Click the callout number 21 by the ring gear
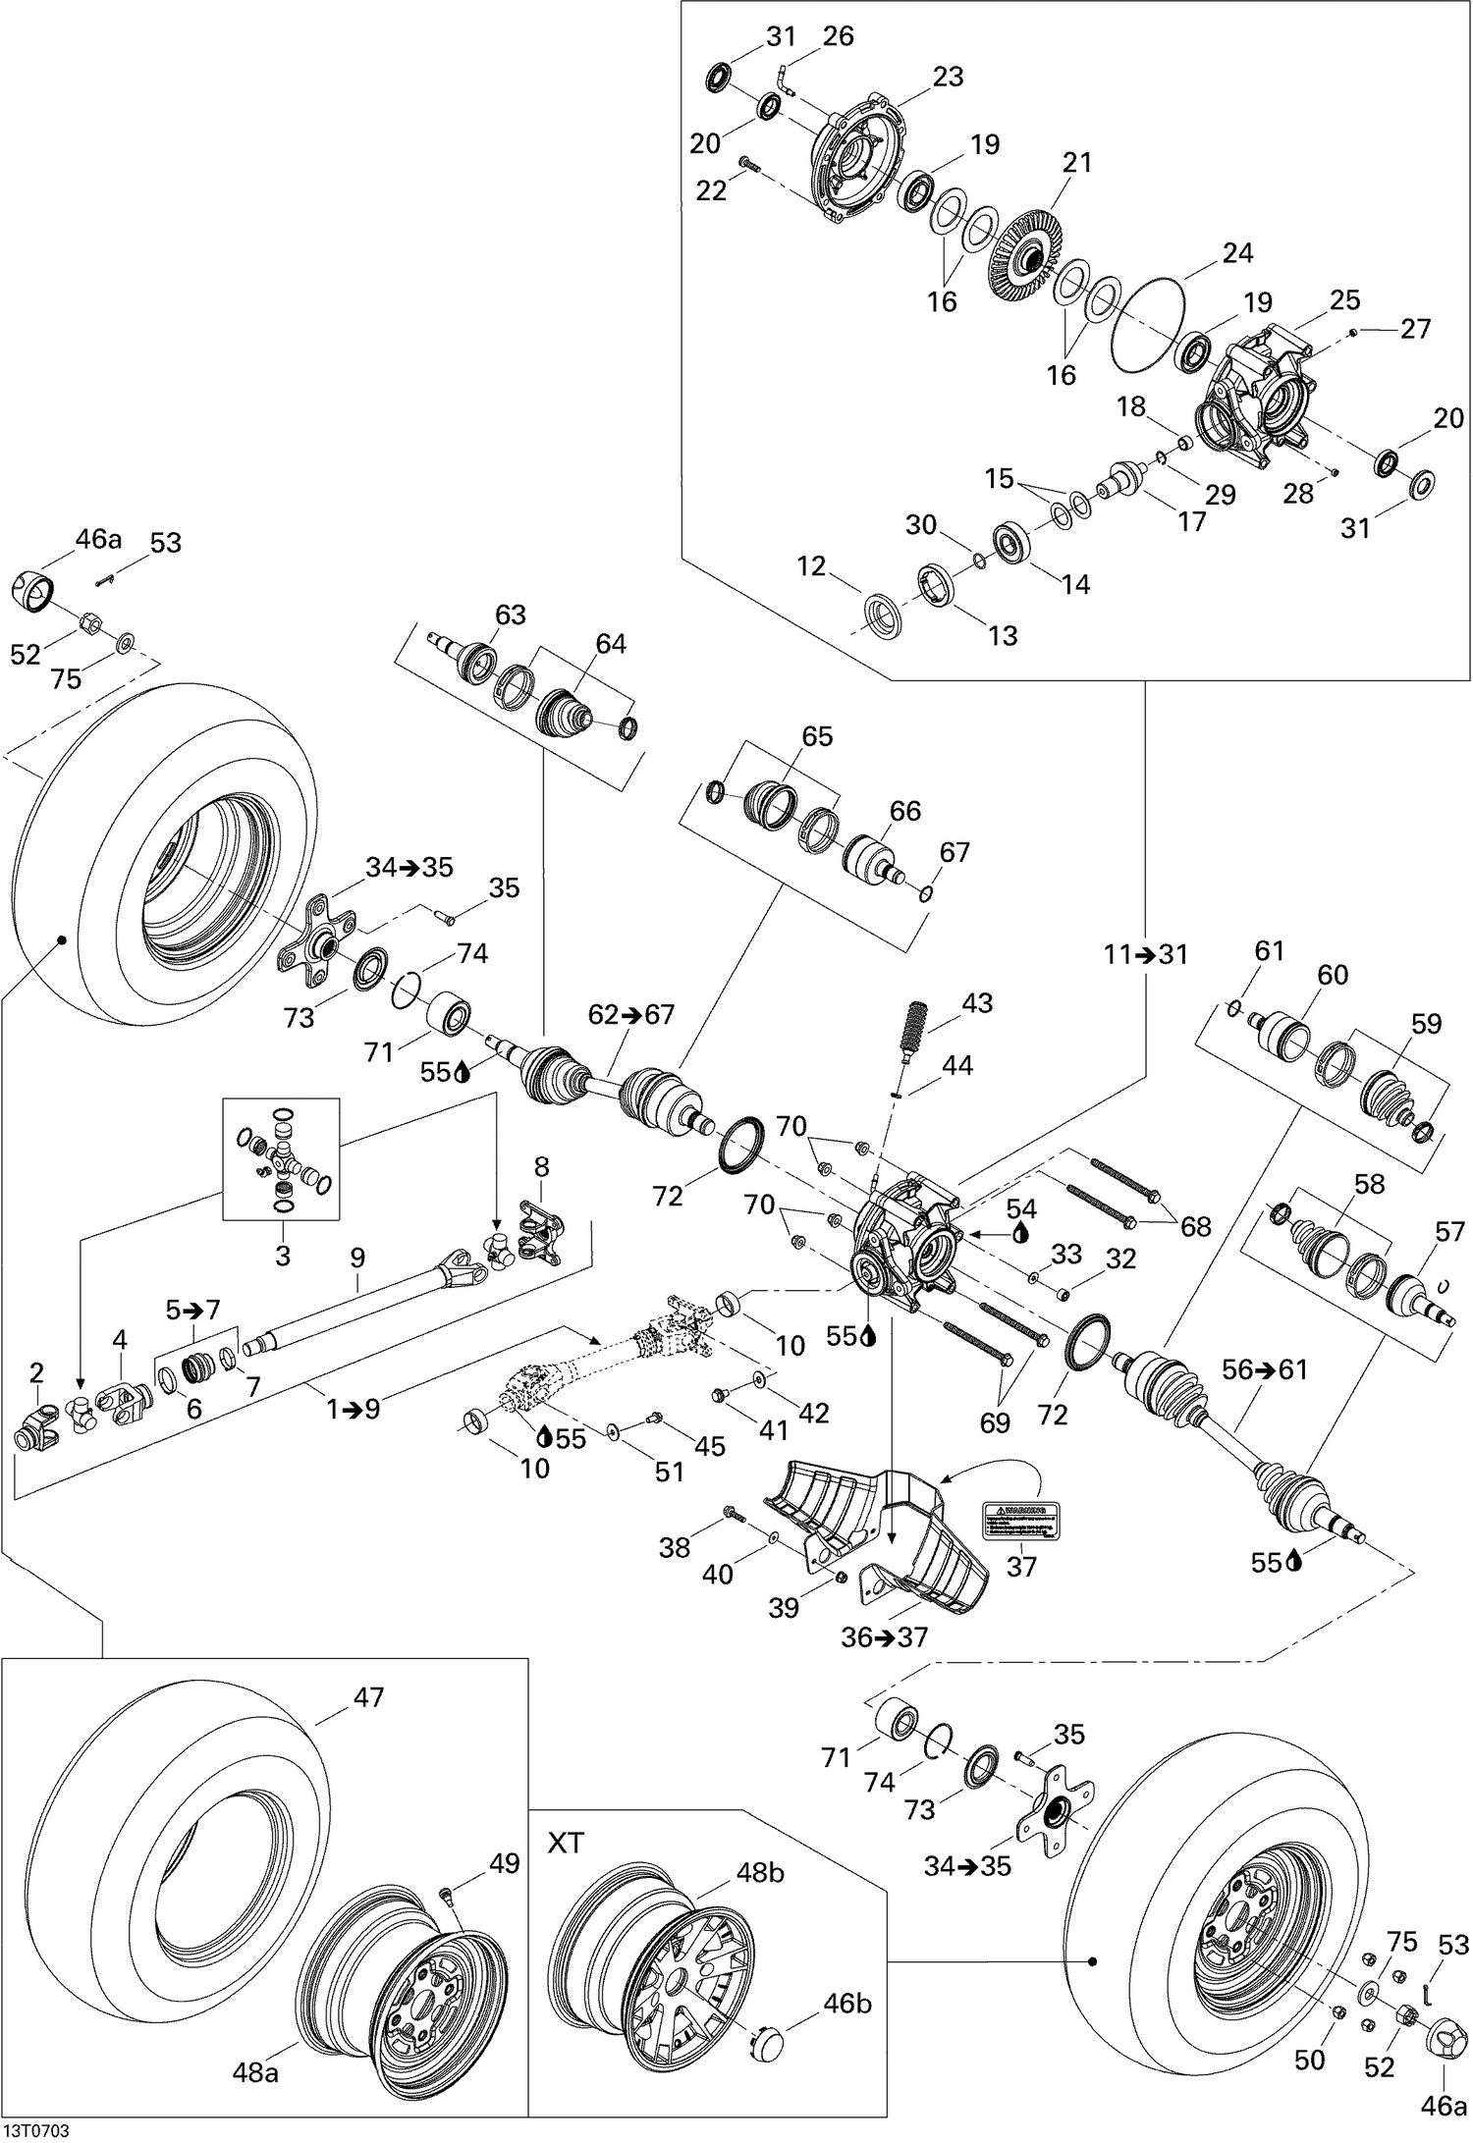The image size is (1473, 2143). pyautogui.click(x=1076, y=163)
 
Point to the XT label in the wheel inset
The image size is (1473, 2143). pyautogui.click(x=565, y=1843)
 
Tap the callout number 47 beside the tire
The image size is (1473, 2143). pyautogui.click(x=368, y=1696)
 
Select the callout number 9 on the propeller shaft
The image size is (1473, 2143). pyautogui.click(x=356, y=1256)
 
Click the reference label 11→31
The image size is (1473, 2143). pyautogui.click(x=1145, y=954)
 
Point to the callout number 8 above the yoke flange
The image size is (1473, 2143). pyautogui.click(x=541, y=1167)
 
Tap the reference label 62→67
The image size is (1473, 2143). pyautogui.click(x=631, y=1014)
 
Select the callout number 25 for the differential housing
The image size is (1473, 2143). pyautogui.click(x=1345, y=298)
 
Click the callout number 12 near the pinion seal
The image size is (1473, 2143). pyautogui.click(x=811, y=566)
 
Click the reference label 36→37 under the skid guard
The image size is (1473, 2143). pyautogui.click(x=884, y=1637)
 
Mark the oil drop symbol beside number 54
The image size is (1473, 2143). pyautogui.click(x=1022, y=1234)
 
